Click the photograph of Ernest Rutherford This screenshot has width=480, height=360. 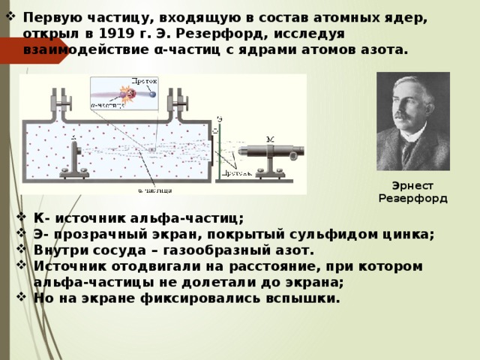pos(413,121)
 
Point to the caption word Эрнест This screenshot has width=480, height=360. pos(413,185)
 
